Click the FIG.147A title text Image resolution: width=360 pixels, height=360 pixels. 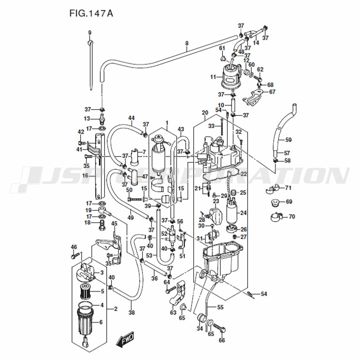[91, 13]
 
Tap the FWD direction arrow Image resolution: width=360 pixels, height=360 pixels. [125, 338]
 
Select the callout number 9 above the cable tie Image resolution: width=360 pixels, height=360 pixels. [90, 33]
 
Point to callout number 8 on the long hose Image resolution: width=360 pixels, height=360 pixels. [187, 43]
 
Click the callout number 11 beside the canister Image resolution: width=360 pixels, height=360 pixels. [213, 77]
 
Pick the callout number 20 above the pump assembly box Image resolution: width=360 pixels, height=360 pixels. [205, 112]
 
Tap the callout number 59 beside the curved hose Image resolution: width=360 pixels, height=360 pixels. [288, 140]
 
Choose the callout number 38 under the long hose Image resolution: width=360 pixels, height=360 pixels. [131, 312]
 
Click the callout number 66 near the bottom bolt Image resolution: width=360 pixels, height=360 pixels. [222, 340]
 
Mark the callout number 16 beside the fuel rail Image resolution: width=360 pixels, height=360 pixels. [85, 176]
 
